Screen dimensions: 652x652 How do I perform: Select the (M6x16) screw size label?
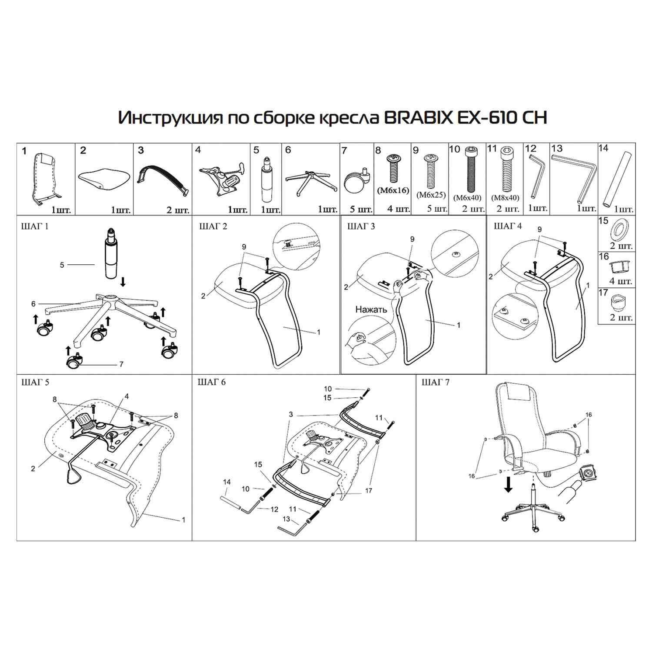(x=393, y=190)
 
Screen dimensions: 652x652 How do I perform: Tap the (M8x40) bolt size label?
(x=505, y=197)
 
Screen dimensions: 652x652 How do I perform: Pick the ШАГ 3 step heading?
(x=361, y=226)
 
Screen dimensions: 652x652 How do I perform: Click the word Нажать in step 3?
(x=371, y=309)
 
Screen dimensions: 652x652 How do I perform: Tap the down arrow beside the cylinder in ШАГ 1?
(x=123, y=283)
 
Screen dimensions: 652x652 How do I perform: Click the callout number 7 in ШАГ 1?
(x=121, y=364)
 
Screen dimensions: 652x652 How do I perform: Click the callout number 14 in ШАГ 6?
(x=226, y=482)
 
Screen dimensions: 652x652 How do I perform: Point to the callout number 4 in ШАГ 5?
(x=126, y=396)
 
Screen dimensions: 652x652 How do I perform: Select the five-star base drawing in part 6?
(x=311, y=182)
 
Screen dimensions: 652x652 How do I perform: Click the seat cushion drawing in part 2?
(x=105, y=179)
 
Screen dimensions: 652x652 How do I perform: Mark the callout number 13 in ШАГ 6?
(x=286, y=519)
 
